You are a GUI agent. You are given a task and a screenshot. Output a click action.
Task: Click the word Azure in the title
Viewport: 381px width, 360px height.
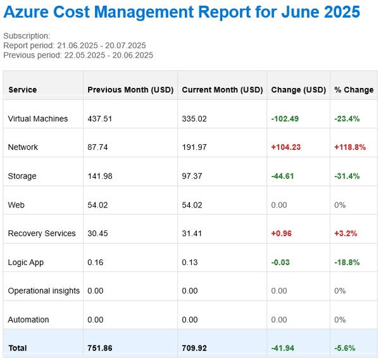pyautogui.click(x=26, y=12)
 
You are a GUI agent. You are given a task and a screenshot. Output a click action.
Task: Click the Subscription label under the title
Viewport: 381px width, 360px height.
pyautogui.click(x=27, y=36)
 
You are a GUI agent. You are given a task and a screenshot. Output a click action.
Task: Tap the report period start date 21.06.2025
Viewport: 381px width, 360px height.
pyautogui.click(x=77, y=46)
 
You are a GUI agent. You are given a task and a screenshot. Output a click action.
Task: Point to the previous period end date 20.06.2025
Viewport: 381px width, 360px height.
pyautogui.click(x=133, y=55)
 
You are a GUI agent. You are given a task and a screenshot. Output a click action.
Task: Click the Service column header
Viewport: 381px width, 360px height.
pyautogui.click(x=23, y=90)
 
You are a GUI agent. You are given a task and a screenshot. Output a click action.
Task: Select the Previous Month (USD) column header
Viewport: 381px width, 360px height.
pyautogui.click(x=130, y=90)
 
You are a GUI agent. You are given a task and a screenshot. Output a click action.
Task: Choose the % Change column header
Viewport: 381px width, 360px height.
pyautogui.click(x=354, y=90)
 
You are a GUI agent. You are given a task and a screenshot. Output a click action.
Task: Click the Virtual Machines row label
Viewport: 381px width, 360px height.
pyautogui.click(x=38, y=118)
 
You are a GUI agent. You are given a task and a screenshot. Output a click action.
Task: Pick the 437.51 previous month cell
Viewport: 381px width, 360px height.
pyautogui.click(x=99, y=118)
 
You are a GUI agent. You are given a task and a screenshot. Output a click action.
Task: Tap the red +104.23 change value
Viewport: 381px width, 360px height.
pyautogui.click(x=286, y=147)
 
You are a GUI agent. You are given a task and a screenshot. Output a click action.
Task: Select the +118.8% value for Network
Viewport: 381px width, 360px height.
pyautogui.click(x=350, y=147)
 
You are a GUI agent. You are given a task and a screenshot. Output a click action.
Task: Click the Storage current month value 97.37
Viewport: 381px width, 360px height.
pyautogui.click(x=192, y=176)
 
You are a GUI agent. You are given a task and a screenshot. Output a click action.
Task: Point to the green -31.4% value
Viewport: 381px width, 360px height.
pyautogui.click(x=347, y=176)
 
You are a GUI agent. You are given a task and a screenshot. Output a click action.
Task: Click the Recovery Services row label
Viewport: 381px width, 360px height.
pyautogui.click(x=42, y=233)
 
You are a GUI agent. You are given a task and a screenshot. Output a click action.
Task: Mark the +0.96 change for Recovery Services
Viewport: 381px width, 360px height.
pyautogui.click(x=281, y=233)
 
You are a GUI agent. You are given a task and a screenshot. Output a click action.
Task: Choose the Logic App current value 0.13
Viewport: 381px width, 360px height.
pyautogui.click(x=190, y=262)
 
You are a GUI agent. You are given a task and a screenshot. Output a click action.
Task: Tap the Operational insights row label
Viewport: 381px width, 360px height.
pyautogui.click(x=44, y=290)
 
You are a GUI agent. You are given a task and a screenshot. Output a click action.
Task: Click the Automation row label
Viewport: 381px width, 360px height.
pyautogui.click(x=28, y=320)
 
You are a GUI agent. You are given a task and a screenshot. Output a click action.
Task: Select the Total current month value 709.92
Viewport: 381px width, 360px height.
pyautogui.click(x=194, y=348)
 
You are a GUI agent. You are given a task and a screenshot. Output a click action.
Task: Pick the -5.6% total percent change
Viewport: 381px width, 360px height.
pyautogui.click(x=345, y=348)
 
